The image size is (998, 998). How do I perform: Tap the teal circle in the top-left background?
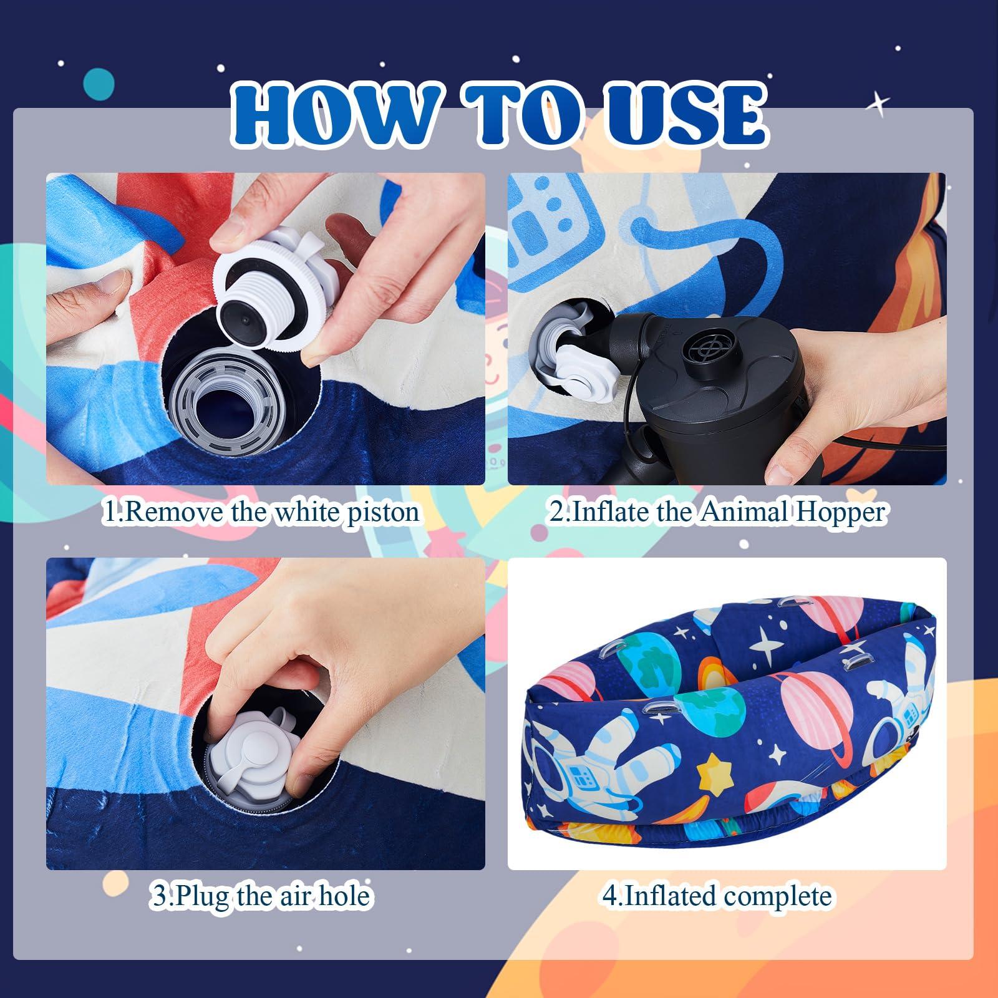pyautogui.click(x=99, y=85)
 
